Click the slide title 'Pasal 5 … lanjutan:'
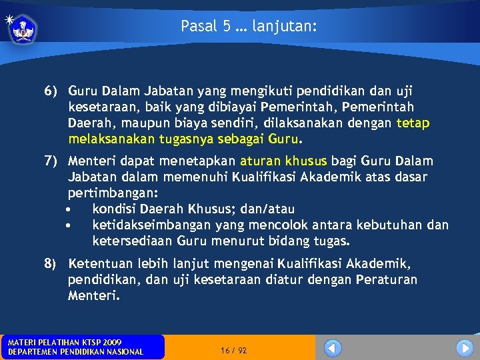click(x=249, y=27)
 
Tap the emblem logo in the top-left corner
click(x=25, y=29)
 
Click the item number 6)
click(x=52, y=91)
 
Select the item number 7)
click(x=52, y=161)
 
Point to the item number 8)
click(x=52, y=263)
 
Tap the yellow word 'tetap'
click(x=413, y=123)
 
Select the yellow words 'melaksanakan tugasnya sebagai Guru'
click(x=184, y=139)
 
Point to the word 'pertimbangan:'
click(x=113, y=194)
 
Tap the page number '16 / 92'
click(x=233, y=350)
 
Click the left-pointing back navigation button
click(x=332, y=348)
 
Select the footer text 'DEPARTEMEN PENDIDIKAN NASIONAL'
click(x=75, y=352)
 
